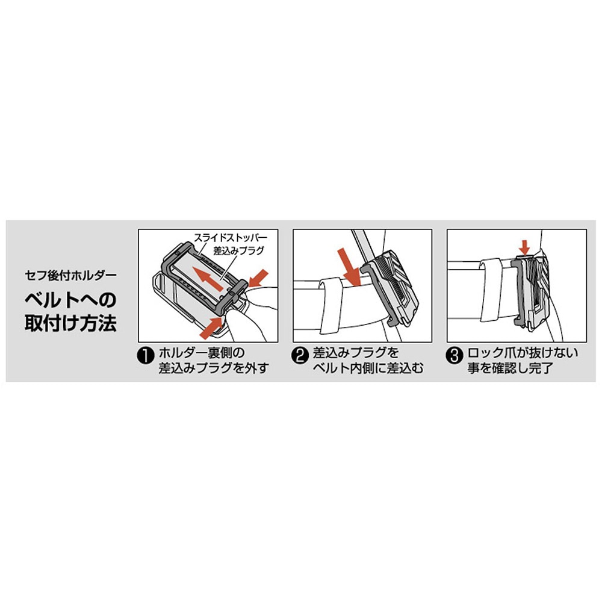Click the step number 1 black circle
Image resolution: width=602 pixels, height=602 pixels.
click(x=145, y=355)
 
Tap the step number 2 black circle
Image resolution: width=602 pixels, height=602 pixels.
click(x=299, y=355)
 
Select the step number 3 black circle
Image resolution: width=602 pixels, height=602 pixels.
click(x=455, y=355)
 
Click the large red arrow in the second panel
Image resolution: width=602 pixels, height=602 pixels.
click(x=350, y=264)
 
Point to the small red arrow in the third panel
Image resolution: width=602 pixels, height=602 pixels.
click(x=524, y=246)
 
